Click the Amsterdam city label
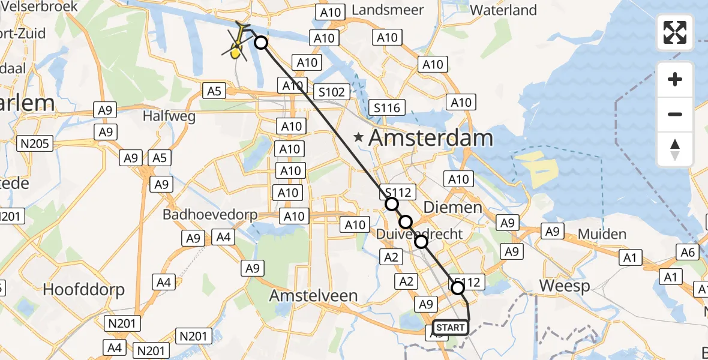430,138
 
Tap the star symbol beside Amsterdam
359,137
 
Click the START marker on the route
449,328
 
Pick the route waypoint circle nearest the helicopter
261,42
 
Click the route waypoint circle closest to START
458,288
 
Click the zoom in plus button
675,79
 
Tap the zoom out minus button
675,114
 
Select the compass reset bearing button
675,149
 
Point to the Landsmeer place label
388,10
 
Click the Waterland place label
503,10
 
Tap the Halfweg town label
169,116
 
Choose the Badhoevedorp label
210,215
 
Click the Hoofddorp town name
84,290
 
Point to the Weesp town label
565,286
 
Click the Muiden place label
602,234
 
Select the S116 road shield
387,108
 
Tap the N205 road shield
36,143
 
